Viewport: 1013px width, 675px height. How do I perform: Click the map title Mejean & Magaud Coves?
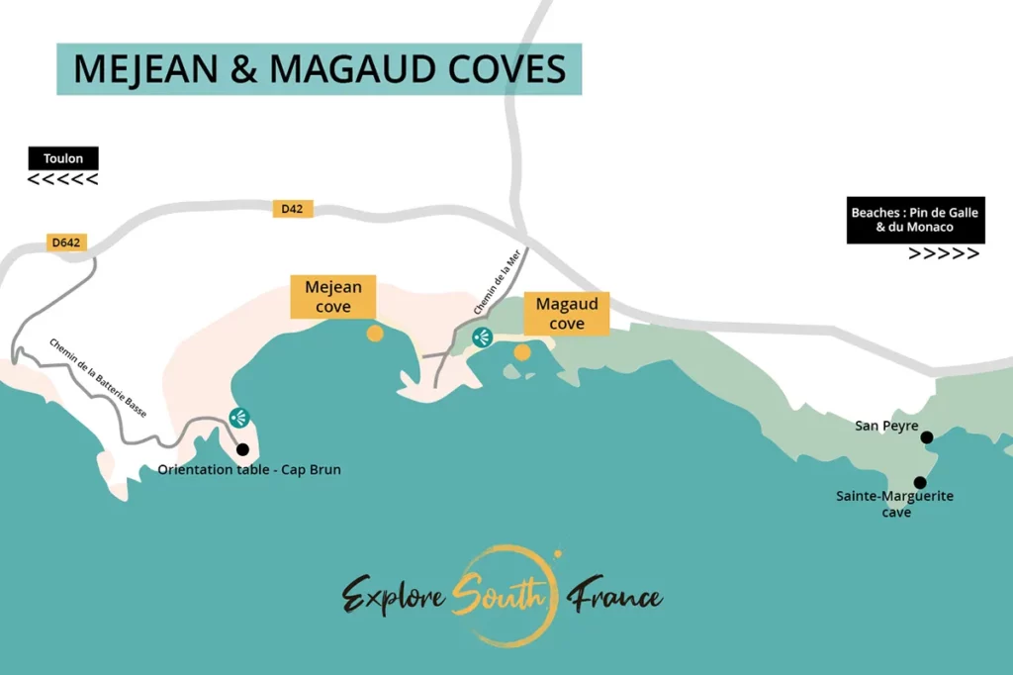(x=319, y=68)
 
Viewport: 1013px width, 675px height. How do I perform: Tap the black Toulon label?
(x=63, y=158)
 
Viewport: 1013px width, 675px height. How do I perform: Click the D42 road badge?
(x=292, y=209)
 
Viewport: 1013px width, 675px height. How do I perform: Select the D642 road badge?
(x=65, y=242)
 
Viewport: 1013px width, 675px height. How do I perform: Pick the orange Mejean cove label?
(x=333, y=297)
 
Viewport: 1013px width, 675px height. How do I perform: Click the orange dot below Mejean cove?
(x=375, y=334)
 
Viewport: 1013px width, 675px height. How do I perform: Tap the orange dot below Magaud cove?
(x=522, y=351)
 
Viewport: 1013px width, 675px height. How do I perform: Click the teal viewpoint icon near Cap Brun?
(x=238, y=418)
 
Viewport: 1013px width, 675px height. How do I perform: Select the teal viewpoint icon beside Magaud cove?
(x=482, y=337)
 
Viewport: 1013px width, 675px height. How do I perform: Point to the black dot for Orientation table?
(x=242, y=449)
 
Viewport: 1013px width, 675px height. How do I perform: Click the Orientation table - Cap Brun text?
(x=249, y=469)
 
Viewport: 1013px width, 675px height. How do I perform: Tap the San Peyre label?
(x=886, y=426)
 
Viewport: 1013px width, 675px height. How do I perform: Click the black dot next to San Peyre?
(x=926, y=436)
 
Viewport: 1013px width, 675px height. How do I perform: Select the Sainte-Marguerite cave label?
(x=894, y=504)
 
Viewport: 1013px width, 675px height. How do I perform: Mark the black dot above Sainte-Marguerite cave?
(x=920, y=483)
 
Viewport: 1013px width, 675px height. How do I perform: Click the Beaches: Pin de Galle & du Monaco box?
(x=915, y=220)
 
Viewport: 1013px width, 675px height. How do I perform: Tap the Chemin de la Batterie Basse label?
(x=98, y=377)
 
